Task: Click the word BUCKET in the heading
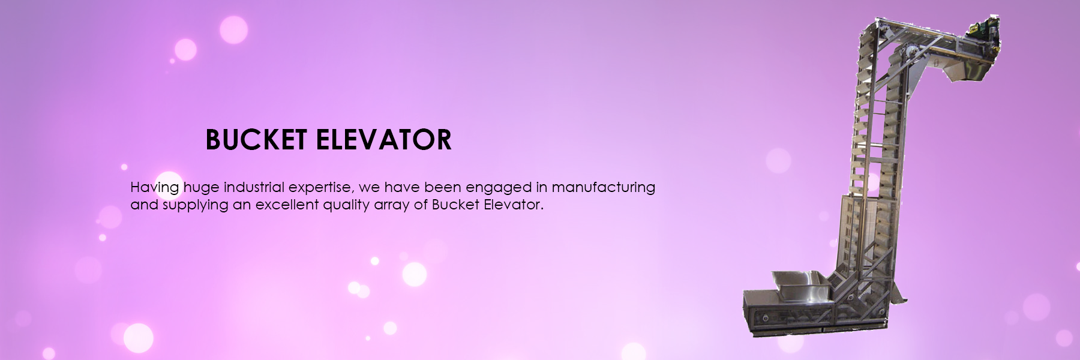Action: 256,140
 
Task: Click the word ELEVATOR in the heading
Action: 383,140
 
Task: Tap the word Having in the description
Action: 155,188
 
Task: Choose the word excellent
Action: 287,205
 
